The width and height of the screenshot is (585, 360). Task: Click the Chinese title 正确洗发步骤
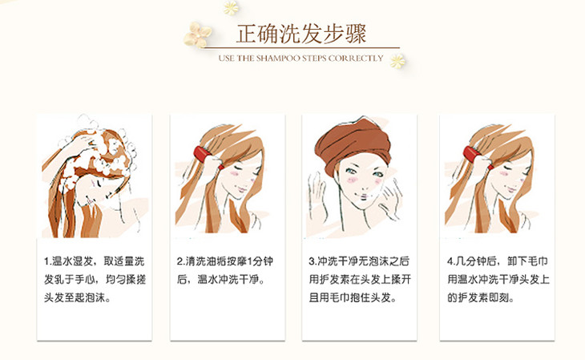(301, 34)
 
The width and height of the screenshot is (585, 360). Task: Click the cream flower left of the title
(196, 34)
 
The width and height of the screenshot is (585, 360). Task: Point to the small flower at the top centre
(231, 7)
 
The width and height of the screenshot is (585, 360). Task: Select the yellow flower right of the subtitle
(397, 61)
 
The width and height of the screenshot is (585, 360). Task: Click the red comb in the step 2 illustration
(204, 155)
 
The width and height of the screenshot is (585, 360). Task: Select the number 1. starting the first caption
(47, 261)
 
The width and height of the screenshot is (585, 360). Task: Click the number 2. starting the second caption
(180, 261)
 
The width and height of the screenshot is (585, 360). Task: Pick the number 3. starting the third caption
(313, 261)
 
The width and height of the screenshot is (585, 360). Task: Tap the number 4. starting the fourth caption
(451, 261)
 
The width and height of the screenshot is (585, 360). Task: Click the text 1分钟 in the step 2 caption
(260, 261)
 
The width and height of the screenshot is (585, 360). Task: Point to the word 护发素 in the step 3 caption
(333, 279)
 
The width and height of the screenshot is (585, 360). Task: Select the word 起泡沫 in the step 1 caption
(90, 297)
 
